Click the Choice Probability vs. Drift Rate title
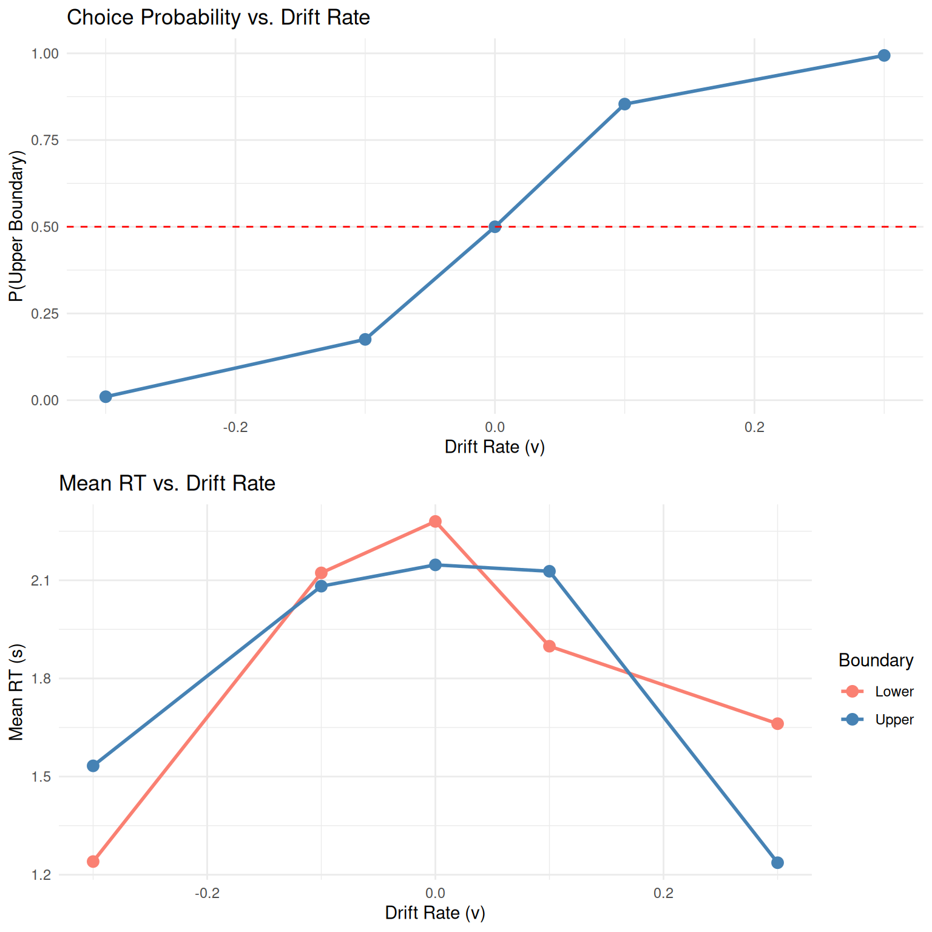218,17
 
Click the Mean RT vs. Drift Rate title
167,483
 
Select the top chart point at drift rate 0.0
495,227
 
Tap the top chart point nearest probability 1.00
884,56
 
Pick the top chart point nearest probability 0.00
106,397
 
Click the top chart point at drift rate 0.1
624,104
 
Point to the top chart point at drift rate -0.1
365,339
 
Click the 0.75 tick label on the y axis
45,140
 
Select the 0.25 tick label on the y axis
45,314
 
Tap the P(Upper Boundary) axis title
16,226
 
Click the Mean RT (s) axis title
16,692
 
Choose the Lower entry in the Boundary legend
894,692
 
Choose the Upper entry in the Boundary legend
894,720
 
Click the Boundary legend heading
876,660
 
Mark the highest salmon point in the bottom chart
435,522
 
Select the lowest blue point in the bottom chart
777,863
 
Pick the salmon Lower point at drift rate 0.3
777,724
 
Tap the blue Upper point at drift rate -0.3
93,766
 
